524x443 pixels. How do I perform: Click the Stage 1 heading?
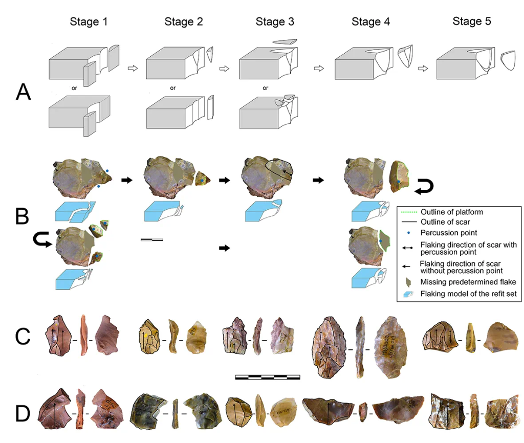click(x=89, y=22)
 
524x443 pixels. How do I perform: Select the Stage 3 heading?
click(x=275, y=22)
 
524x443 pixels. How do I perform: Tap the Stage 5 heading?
click(x=471, y=21)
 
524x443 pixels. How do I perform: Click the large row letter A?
click(x=24, y=92)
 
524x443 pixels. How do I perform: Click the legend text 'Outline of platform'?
click(x=451, y=212)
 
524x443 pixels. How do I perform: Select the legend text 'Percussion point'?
click(x=444, y=232)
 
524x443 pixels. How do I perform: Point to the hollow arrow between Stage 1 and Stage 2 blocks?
click(x=133, y=68)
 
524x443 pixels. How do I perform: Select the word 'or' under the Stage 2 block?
click(x=173, y=87)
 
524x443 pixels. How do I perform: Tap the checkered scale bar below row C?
click(x=267, y=378)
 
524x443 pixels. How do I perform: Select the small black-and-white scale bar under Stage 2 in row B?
click(x=151, y=239)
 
